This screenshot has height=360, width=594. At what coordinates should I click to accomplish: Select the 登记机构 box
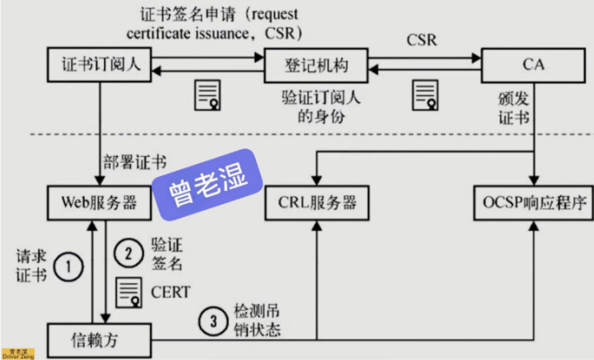tap(315, 67)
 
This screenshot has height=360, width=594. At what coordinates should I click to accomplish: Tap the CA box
tap(532, 67)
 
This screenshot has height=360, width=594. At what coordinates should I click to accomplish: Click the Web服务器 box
tap(100, 203)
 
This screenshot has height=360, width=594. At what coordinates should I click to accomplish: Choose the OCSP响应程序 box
tap(532, 203)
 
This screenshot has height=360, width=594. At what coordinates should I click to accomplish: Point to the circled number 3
tap(211, 317)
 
